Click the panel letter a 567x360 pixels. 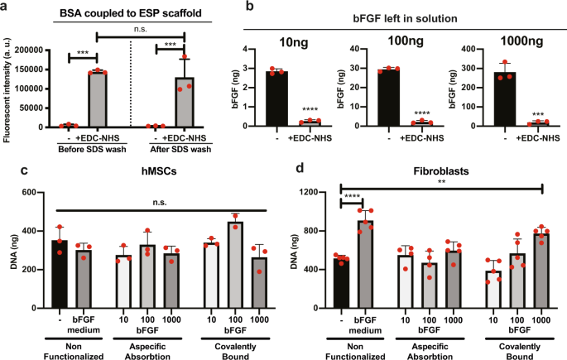(6, 7)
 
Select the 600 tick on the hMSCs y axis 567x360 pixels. (36, 192)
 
